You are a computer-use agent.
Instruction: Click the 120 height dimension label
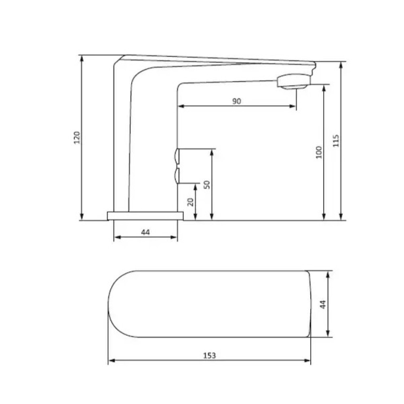pyautogui.click(x=77, y=138)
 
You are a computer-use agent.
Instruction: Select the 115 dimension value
pyautogui.click(x=336, y=141)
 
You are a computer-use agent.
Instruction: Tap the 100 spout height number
pyautogui.click(x=319, y=152)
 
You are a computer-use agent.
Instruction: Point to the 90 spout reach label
pyautogui.click(x=237, y=101)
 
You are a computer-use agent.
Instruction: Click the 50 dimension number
pyautogui.click(x=207, y=185)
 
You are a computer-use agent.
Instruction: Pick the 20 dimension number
pyautogui.click(x=190, y=202)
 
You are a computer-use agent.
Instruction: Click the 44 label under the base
pyautogui.click(x=145, y=232)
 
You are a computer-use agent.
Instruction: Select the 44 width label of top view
pyautogui.click(x=322, y=304)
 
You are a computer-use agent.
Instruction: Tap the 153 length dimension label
pyautogui.click(x=209, y=356)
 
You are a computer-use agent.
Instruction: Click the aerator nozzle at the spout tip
pyautogui.click(x=293, y=81)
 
